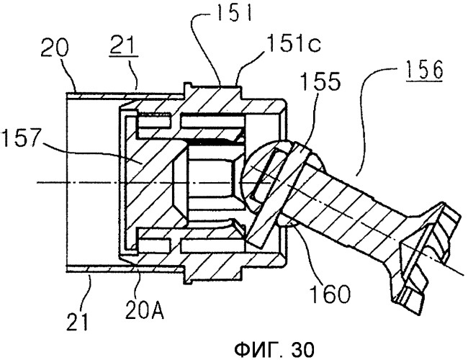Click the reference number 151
coord(234,12)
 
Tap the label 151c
coord(294,44)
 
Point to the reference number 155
coord(320,81)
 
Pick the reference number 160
coord(330,294)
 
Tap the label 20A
coord(145,311)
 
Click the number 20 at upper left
coord(54,48)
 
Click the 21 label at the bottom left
coord(78,321)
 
